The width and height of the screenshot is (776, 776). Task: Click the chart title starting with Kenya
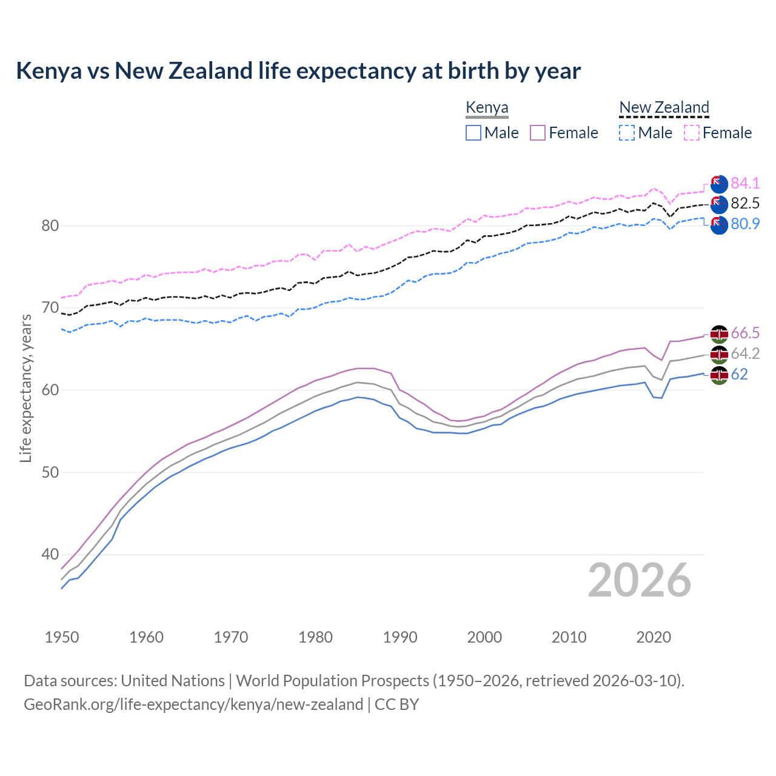[x=298, y=71]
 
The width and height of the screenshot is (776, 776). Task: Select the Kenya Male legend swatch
[x=473, y=133]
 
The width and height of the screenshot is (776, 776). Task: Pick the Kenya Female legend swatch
[x=538, y=133]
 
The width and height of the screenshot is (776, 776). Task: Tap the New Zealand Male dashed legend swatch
[x=627, y=133]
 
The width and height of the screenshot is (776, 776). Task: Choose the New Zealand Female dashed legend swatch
[x=691, y=133]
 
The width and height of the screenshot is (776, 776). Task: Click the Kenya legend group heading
[x=487, y=108]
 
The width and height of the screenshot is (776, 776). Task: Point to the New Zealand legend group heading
[x=664, y=108]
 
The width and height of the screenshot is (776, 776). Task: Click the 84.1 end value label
[x=745, y=183]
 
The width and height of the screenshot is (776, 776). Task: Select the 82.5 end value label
[x=745, y=204]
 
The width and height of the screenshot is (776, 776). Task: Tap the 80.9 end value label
[x=745, y=224]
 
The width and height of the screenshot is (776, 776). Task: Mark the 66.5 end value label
[x=745, y=333]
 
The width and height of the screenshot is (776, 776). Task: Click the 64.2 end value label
[x=745, y=354]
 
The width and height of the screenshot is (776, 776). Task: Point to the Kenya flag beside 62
[x=719, y=375]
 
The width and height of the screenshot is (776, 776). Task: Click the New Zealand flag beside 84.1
[x=719, y=184]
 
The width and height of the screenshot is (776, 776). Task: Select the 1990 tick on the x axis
[x=400, y=637]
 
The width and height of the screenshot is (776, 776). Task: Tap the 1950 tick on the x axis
[x=62, y=637]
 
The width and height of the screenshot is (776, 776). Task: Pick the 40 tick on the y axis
[x=50, y=554]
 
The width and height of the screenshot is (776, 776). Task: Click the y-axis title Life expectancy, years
[x=25, y=388]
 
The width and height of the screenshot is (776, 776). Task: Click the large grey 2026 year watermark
[x=639, y=580]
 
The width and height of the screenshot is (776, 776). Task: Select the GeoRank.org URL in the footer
[x=193, y=704]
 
